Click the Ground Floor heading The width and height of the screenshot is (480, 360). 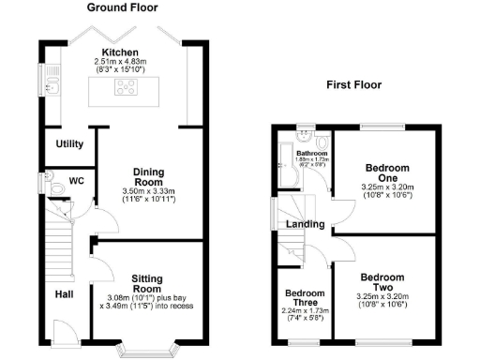122,7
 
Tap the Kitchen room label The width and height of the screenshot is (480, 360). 122,52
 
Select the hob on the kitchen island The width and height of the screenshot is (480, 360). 124,88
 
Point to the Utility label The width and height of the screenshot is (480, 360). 70,144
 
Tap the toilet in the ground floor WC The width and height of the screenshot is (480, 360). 58,188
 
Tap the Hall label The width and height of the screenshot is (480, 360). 64,294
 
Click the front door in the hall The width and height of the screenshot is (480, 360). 66,330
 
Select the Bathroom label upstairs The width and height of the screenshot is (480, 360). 309,152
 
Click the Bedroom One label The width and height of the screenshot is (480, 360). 385,174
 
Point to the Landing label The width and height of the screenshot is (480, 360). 307,224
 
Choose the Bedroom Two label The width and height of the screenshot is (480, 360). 383,283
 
